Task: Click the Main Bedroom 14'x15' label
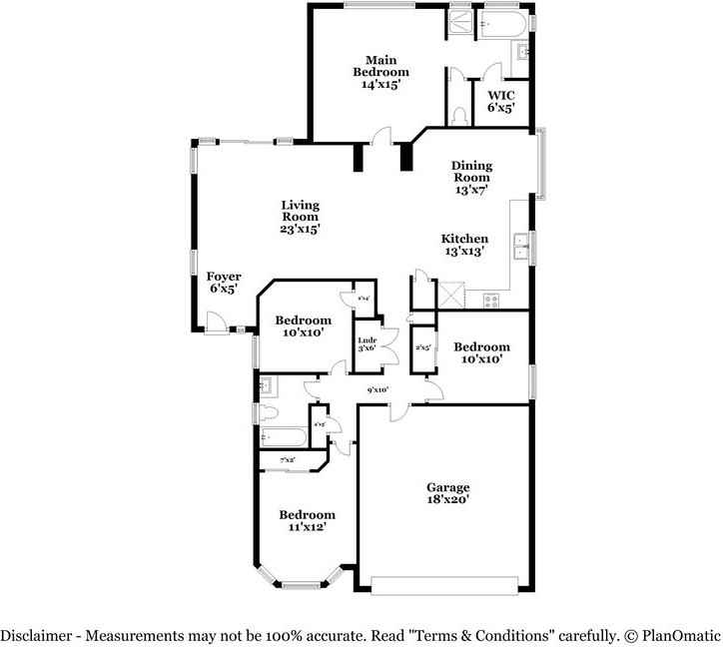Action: pos(380,72)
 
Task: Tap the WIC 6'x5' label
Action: pos(500,102)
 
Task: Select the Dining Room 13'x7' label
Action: pos(470,178)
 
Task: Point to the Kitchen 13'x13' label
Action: pos(465,245)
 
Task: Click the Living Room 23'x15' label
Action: pos(300,217)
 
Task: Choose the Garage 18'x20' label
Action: pos(447,493)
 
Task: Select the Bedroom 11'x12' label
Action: pos(307,520)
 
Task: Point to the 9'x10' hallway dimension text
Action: pos(377,390)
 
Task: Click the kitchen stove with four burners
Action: pos(491,299)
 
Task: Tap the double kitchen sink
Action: pos(521,244)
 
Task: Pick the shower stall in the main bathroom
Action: pos(459,22)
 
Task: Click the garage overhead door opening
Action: pos(445,585)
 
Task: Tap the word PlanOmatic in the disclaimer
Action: pos(681,635)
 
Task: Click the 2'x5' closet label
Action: pos(422,348)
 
